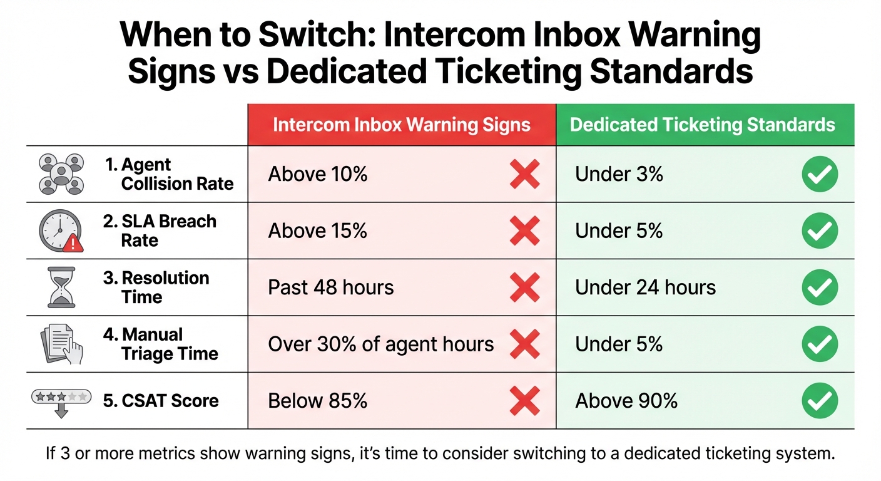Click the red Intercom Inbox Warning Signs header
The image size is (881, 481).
(x=402, y=125)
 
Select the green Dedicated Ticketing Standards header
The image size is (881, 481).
(x=702, y=125)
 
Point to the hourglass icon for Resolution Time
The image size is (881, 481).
(x=61, y=287)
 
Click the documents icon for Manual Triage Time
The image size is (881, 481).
(x=61, y=344)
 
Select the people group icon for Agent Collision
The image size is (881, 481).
(x=61, y=173)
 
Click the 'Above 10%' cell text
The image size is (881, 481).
(x=318, y=175)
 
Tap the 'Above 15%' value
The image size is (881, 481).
(x=318, y=231)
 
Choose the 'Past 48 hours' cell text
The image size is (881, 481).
(x=331, y=287)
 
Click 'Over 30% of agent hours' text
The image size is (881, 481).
(x=380, y=344)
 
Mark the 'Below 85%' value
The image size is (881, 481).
(x=318, y=400)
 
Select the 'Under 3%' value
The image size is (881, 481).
(x=619, y=175)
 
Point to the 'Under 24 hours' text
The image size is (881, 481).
(x=645, y=287)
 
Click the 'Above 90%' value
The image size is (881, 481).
(x=626, y=400)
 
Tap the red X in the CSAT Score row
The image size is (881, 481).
(x=525, y=401)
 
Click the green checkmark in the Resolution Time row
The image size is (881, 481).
(x=820, y=287)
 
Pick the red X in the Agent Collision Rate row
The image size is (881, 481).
(x=525, y=175)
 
